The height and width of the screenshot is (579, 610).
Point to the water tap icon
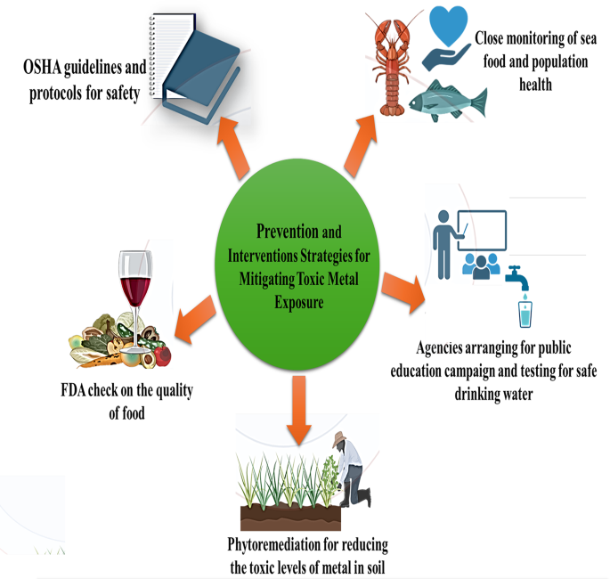517,275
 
